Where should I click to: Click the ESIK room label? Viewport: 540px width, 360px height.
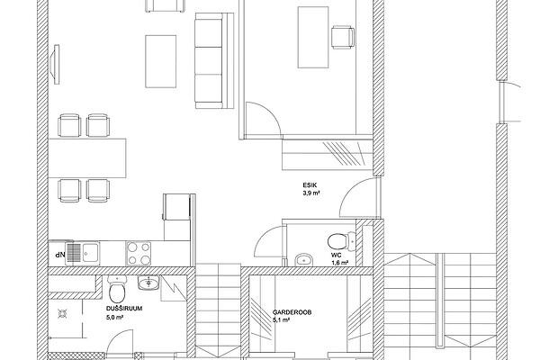pos(310,185)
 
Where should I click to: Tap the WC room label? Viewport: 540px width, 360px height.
pos(336,256)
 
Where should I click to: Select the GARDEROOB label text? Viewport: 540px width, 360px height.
pos(292,312)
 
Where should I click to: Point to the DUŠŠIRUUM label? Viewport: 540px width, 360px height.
pos(124,309)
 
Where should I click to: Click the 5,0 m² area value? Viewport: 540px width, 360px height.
pos(115,318)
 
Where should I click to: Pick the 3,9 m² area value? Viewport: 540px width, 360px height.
pos(311,193)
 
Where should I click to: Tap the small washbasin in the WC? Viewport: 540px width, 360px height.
pos(304,259)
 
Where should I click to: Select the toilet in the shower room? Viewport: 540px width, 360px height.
pos(117,290)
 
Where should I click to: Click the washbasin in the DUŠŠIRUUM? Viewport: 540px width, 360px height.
pos(148,283)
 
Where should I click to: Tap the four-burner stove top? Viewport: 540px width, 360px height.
pos(139,253)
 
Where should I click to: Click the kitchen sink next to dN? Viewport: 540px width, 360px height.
pos(83,254)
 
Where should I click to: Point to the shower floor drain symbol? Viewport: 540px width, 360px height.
pos(62,314)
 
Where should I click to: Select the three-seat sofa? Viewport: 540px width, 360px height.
pos(214,60)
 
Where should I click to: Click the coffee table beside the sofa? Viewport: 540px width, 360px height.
pos(161,61)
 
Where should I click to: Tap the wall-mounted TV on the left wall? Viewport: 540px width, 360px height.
pos(55,64)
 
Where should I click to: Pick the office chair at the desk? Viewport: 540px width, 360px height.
pos(343,37)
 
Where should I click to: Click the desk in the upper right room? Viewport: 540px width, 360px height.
pos(313,37)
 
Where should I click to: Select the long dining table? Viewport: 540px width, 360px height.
pos(87,158)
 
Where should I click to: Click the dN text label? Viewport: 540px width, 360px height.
pos(60,255)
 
